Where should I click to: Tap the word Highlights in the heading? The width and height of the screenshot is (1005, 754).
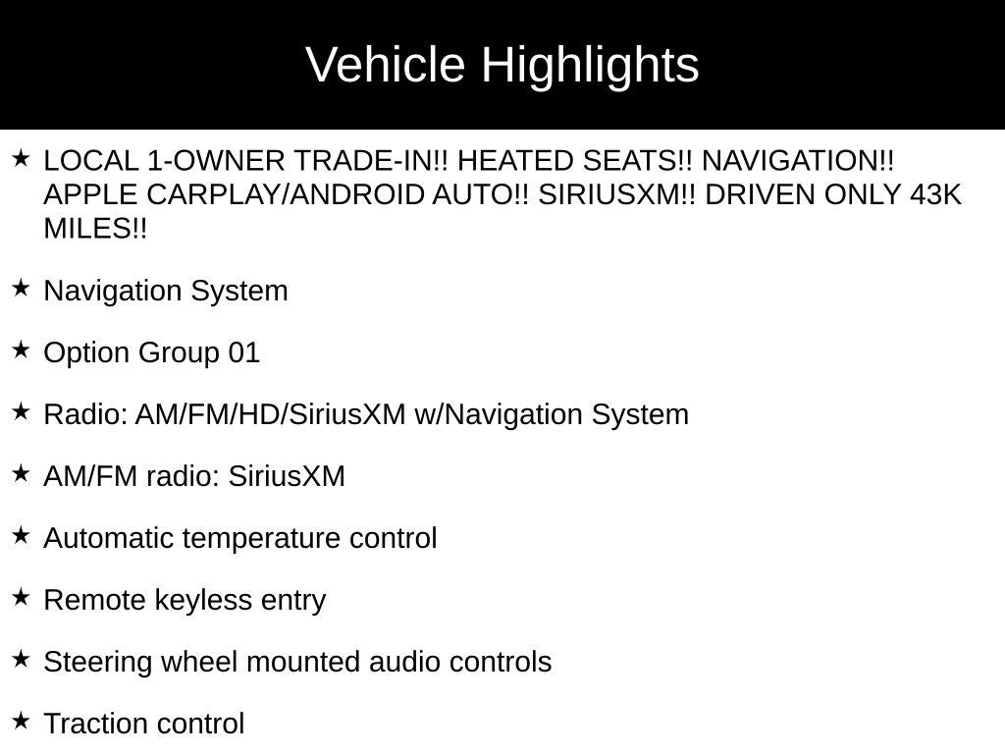[590, 66]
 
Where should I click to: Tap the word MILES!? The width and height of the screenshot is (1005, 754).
[95, 229]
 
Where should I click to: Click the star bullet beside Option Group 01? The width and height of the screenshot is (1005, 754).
[21, 350]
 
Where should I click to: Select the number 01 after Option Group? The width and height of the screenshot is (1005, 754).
[243, 352]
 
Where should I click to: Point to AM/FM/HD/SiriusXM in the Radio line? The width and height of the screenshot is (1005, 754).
[270, 414]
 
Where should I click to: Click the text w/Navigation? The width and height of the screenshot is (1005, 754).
[499, 414]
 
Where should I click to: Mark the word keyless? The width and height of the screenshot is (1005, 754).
[189, 600]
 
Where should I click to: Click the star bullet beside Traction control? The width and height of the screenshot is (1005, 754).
[21, 721]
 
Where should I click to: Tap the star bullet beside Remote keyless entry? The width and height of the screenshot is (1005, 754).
[21, 597]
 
